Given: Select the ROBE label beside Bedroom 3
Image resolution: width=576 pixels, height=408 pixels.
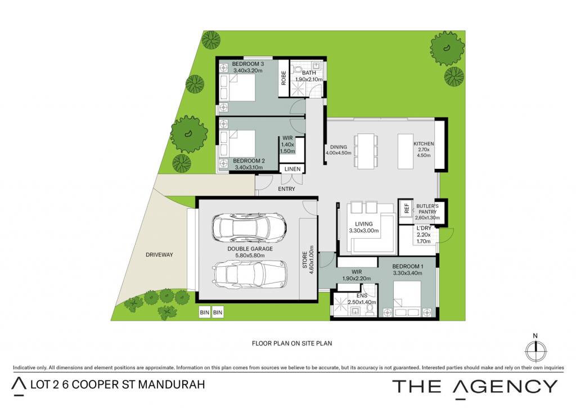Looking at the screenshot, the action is [x=283, y=78].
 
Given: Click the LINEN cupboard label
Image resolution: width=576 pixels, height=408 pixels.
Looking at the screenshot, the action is [x=292, y=169].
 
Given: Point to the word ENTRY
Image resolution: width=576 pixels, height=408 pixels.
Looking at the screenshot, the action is [x=286, y=189].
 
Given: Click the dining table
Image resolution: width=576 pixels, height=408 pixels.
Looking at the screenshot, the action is [x=366, y=151].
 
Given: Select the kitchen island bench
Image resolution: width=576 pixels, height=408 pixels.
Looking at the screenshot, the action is [x=406, y=151].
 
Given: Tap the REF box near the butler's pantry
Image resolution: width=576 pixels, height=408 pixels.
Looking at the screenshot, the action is [x=406, y=208].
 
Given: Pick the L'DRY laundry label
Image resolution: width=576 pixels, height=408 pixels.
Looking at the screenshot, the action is [x=424, y=228].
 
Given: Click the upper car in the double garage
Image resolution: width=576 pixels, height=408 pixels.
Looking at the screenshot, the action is [x=248, y=228].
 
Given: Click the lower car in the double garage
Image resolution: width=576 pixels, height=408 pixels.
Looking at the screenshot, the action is [x=250, y=274].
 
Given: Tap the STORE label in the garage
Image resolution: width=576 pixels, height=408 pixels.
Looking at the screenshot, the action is [x=304, y=260].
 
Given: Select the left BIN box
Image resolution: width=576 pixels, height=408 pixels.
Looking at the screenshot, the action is [x=205, y=312].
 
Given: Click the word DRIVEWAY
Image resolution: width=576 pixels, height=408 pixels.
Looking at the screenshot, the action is [x=159, y=255].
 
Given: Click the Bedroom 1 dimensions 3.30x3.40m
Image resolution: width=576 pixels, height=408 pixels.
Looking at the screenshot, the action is [x=407, y=273].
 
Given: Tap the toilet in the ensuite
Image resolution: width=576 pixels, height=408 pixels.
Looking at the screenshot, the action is [x=370, y=311].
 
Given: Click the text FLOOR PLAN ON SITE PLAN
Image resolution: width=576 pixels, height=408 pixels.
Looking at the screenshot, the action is [x=292, y=343].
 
